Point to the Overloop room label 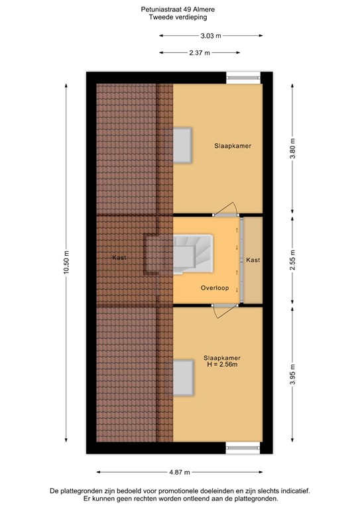click(215, 288)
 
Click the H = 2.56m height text click(221, 365)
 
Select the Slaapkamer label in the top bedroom click(233, 145)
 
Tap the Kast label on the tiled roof click(119, 257)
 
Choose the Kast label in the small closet click(253, 260)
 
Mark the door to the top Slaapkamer click(227, 209)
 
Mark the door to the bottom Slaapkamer click(225, 311)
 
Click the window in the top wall click(243, 77)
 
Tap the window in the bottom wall click(243, 448)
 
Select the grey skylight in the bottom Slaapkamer click(184, 377)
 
